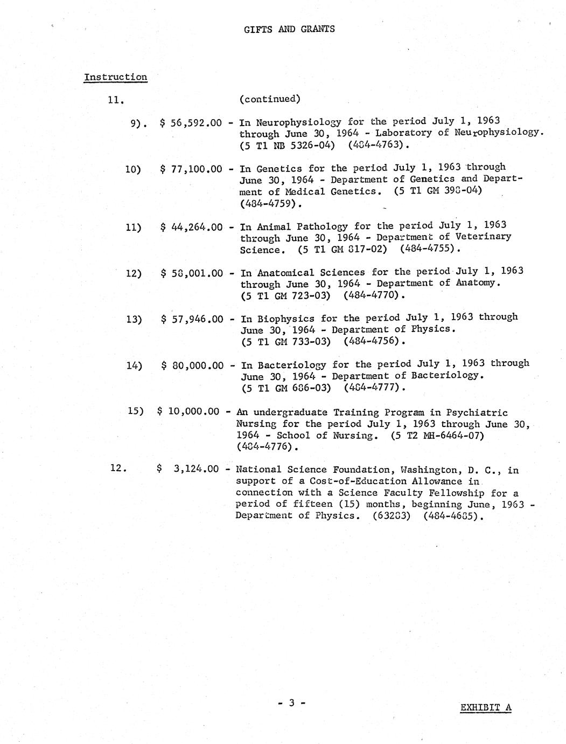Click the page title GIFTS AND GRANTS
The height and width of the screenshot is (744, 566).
pos(289,29)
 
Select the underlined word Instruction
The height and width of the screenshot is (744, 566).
pos(115,77)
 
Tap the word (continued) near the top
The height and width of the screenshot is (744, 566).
pos(270,99)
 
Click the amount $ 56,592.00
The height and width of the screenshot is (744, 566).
pos(191,123)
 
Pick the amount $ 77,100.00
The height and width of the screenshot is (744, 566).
pos(191,169)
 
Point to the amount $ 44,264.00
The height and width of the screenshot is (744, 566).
pos(192,227)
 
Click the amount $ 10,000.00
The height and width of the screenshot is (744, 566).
pos(188,411)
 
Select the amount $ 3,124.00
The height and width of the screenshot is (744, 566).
pos(188,469)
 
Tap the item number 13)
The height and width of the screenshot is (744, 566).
pos(134,319)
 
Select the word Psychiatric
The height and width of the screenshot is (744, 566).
pos(477,412)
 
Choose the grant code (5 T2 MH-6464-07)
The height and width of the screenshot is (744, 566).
pos(437,435)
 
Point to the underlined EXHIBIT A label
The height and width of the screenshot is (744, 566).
pos(486,708)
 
